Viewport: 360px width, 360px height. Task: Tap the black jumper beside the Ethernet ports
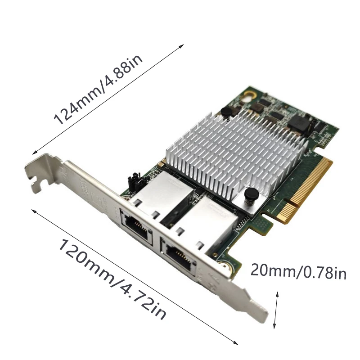tap(133, 182)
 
